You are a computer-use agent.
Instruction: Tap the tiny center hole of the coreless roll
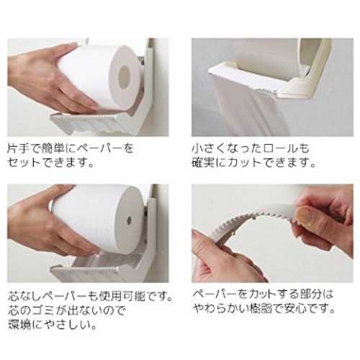(130, 219)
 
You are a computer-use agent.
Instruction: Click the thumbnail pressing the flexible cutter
(305, 214)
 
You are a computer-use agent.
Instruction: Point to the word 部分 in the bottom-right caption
(309, 294)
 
